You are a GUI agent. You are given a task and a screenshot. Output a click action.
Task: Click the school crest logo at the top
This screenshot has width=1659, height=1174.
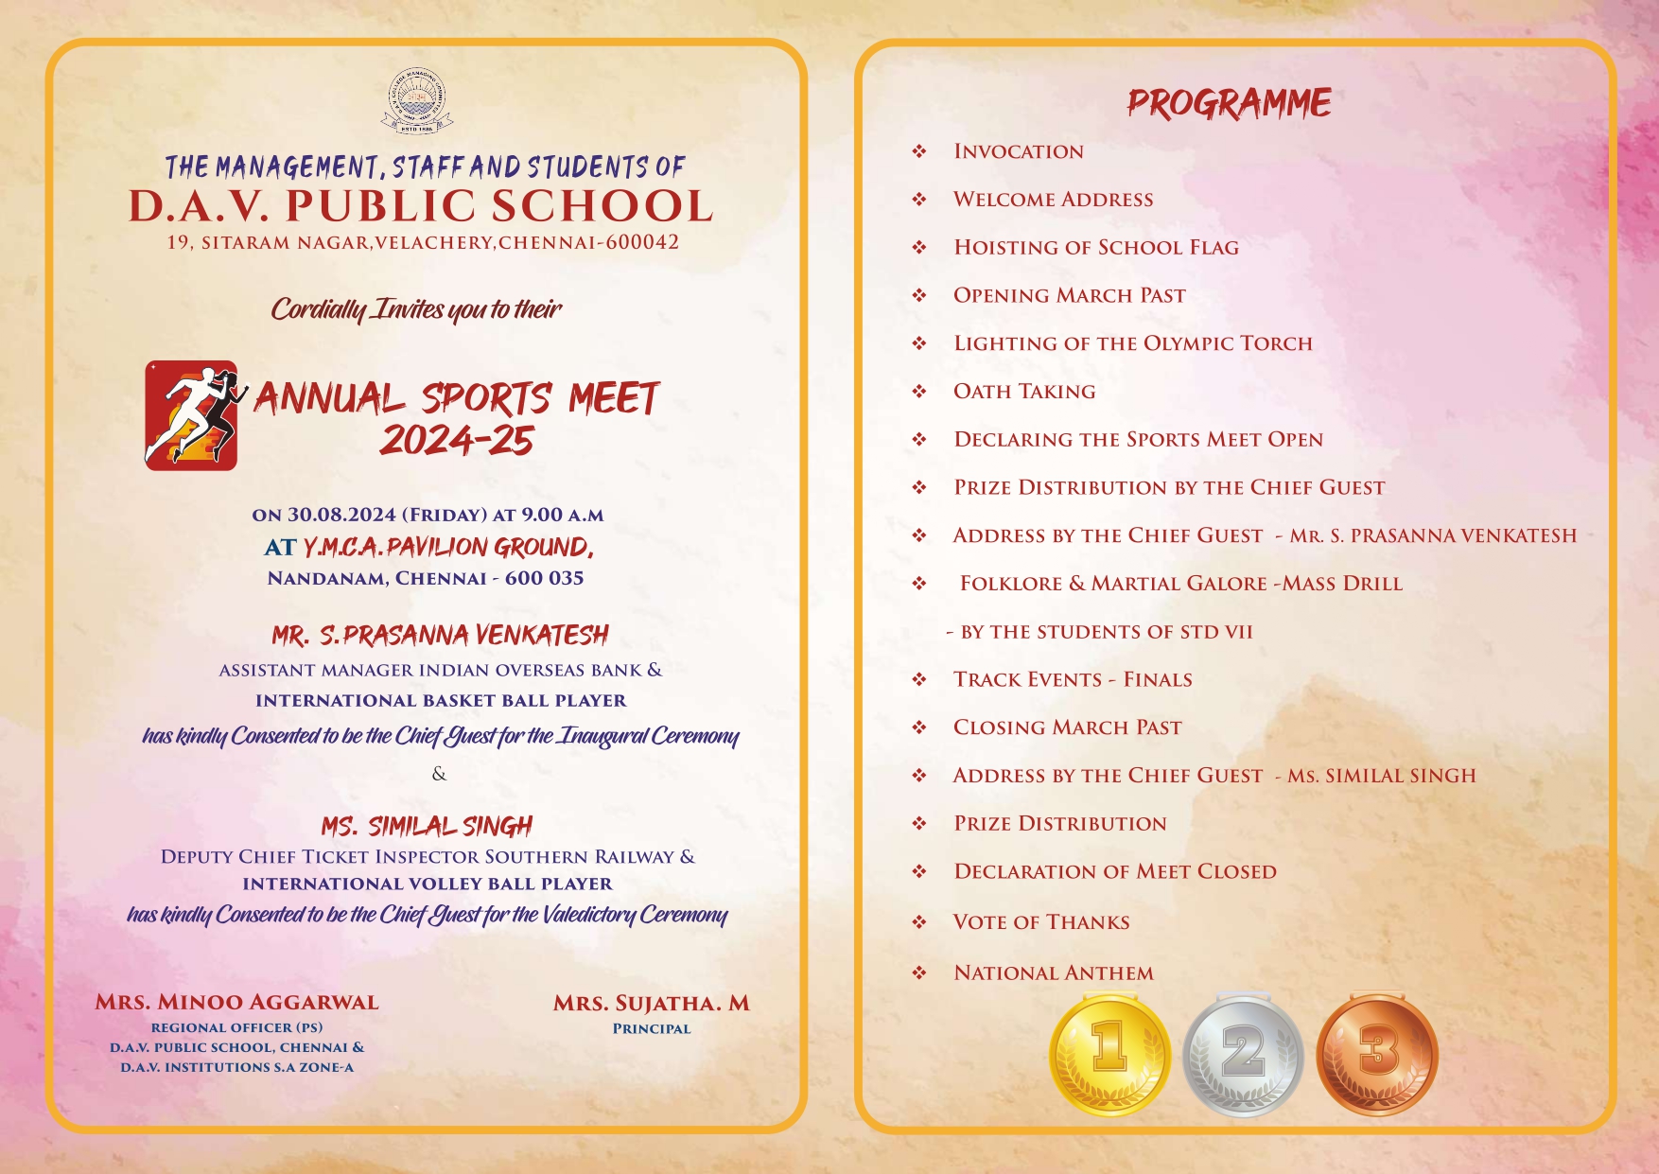[x=417, y=100]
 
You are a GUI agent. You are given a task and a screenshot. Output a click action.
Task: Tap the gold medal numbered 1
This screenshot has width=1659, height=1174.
[x=1109, y=1054]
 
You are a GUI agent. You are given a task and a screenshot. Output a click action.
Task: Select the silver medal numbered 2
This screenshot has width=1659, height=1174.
[x=1243, y=1054]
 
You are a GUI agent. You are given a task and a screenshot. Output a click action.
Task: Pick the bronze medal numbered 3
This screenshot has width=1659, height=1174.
[x=1376, y=1054]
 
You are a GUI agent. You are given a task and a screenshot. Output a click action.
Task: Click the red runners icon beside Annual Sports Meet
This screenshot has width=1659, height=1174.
[x=191, y=415]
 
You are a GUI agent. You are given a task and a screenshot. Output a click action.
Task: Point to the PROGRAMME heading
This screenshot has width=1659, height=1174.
[x=1229, y=103]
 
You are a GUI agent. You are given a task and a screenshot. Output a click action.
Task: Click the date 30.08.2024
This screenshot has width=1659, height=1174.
[x=341, y=515]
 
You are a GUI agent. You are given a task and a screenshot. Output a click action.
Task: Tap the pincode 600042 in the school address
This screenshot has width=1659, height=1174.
[x=642, y=242]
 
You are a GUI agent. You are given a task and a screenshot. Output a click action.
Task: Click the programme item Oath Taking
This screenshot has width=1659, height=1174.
[x=1024, y=392]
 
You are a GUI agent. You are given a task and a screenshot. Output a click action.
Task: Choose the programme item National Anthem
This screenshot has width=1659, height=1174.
[x=1054, y=972]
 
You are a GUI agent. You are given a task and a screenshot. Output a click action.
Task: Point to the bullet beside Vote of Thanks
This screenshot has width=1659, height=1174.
[x=919, y=921]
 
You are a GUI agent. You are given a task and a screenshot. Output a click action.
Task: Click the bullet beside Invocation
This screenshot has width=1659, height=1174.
[x=919, y=151]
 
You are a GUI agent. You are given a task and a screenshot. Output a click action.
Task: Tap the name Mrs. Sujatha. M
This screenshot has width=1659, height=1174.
[x=651, y=1003]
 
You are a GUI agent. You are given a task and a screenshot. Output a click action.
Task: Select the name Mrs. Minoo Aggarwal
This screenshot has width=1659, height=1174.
[x=236, y=1002]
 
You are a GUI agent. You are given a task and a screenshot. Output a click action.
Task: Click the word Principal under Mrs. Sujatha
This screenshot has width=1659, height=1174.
[x=652, y=1028]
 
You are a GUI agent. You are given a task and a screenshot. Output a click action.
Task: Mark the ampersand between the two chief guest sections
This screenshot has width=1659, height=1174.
[x=439, y=774]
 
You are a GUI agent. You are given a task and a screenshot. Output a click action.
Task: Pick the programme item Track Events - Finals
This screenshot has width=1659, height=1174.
[x=1073, y=679]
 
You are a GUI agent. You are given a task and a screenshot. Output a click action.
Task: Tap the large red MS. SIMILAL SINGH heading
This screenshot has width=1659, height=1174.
[x=427, y=827]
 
